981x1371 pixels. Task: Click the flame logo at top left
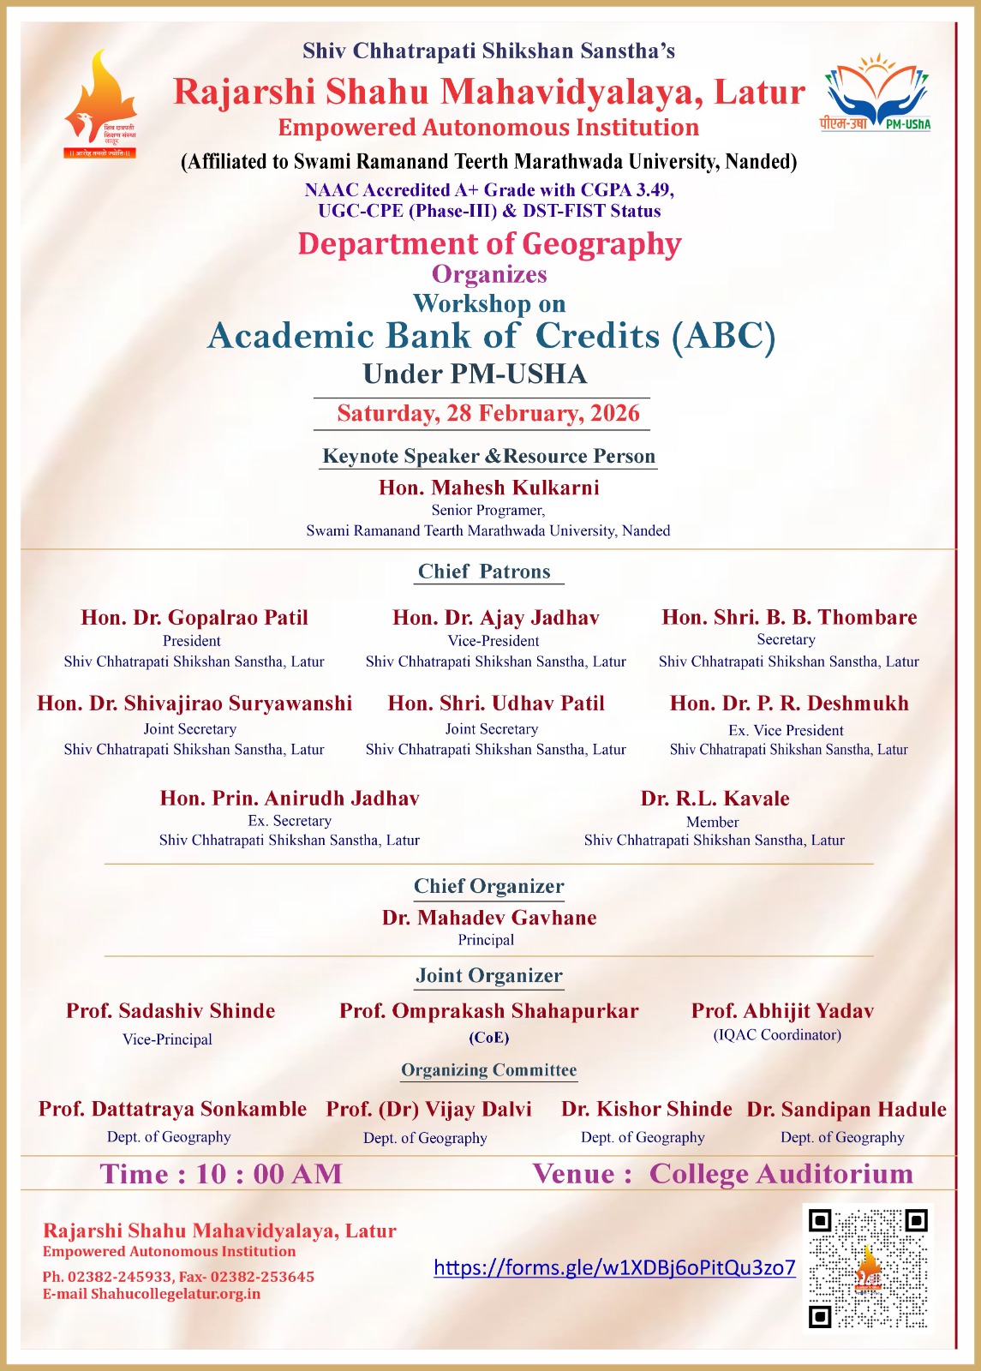(x=99, y=104)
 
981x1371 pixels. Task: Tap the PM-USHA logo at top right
(x=876, y=93)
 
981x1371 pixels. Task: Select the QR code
(x=867, y=1268)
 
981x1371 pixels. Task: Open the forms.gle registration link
(x=614, y=1267)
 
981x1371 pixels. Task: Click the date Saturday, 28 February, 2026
(x=488, y=413)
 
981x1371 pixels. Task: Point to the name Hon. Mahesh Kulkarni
(x=488, y=488)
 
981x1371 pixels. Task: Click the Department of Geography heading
(x=489, y=244)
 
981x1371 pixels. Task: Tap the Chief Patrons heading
(x=484, y=572)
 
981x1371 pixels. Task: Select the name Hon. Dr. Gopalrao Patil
(x=194, y=618)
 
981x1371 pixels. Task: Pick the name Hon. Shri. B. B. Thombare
(x=789, y=617)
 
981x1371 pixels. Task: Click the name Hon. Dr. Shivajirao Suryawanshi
(x=194, y=703)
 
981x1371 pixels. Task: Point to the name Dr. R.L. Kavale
(x=715, y=799)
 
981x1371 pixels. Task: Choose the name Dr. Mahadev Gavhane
(x=489, y=918)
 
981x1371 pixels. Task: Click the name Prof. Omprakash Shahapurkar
(x=489, y=1011)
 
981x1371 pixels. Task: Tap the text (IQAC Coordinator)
(x=777, y=1035)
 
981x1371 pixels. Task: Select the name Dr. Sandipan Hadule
(x=846, y=1110)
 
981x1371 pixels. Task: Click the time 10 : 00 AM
(x=268, y=1174)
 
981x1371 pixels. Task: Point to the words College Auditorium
(x=781, y=1174)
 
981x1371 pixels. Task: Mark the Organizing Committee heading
(x=489, y=1070)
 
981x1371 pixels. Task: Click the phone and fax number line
(x=178, y=1276)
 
